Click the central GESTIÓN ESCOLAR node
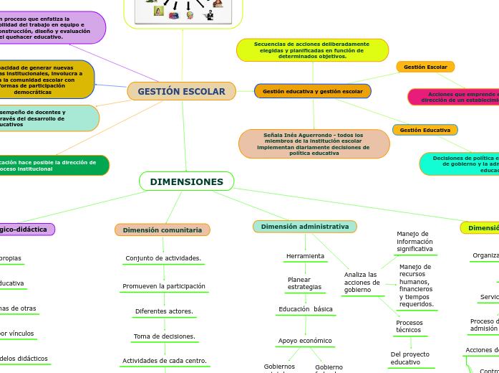click(x=181, y=91)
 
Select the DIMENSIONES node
click(x=186, y=181)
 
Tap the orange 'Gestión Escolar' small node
click(x=425, y=67)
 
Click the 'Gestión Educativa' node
click(x=425, y=130)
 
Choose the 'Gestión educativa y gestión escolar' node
click(x=312, y=91)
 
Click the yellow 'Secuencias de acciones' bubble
click(x=312, y=50)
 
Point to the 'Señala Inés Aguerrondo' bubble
click(x=314, y=143)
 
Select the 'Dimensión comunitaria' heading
click(x=162, y=230)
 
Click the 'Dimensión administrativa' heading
click(x=304, y=227)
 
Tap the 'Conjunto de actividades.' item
click(x=163, y=258)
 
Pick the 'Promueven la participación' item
click(x=164, y=286)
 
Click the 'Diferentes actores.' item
click(x=164, y=311)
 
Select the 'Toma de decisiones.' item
click(x=164, y=336)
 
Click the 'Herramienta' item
click(x=305, y=256)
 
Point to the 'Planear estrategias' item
click(x=304, y=283)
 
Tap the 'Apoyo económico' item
click(x=304, y=341)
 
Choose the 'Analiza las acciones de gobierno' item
click(x=362, y=283)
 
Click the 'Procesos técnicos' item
click(x=410, y=326)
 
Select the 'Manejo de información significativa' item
click(x=415, y=242)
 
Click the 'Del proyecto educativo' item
click(x=410, y=358)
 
